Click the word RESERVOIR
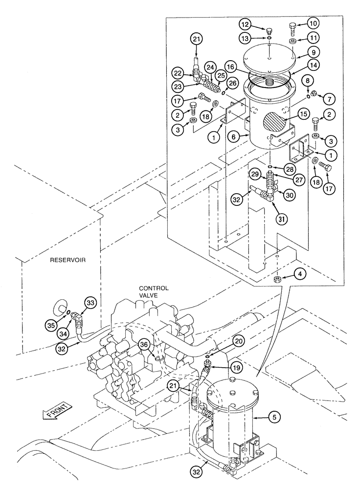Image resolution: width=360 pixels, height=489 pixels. pyautogui.click(x=68, y=261)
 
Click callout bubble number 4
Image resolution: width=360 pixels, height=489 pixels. pyautogui.click(x=302, y=275)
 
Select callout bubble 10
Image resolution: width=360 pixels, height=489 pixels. pyautogui.click(x=313, y=23)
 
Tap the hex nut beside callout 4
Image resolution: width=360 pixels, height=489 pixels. pyautogui.click(x=276, y=280)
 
